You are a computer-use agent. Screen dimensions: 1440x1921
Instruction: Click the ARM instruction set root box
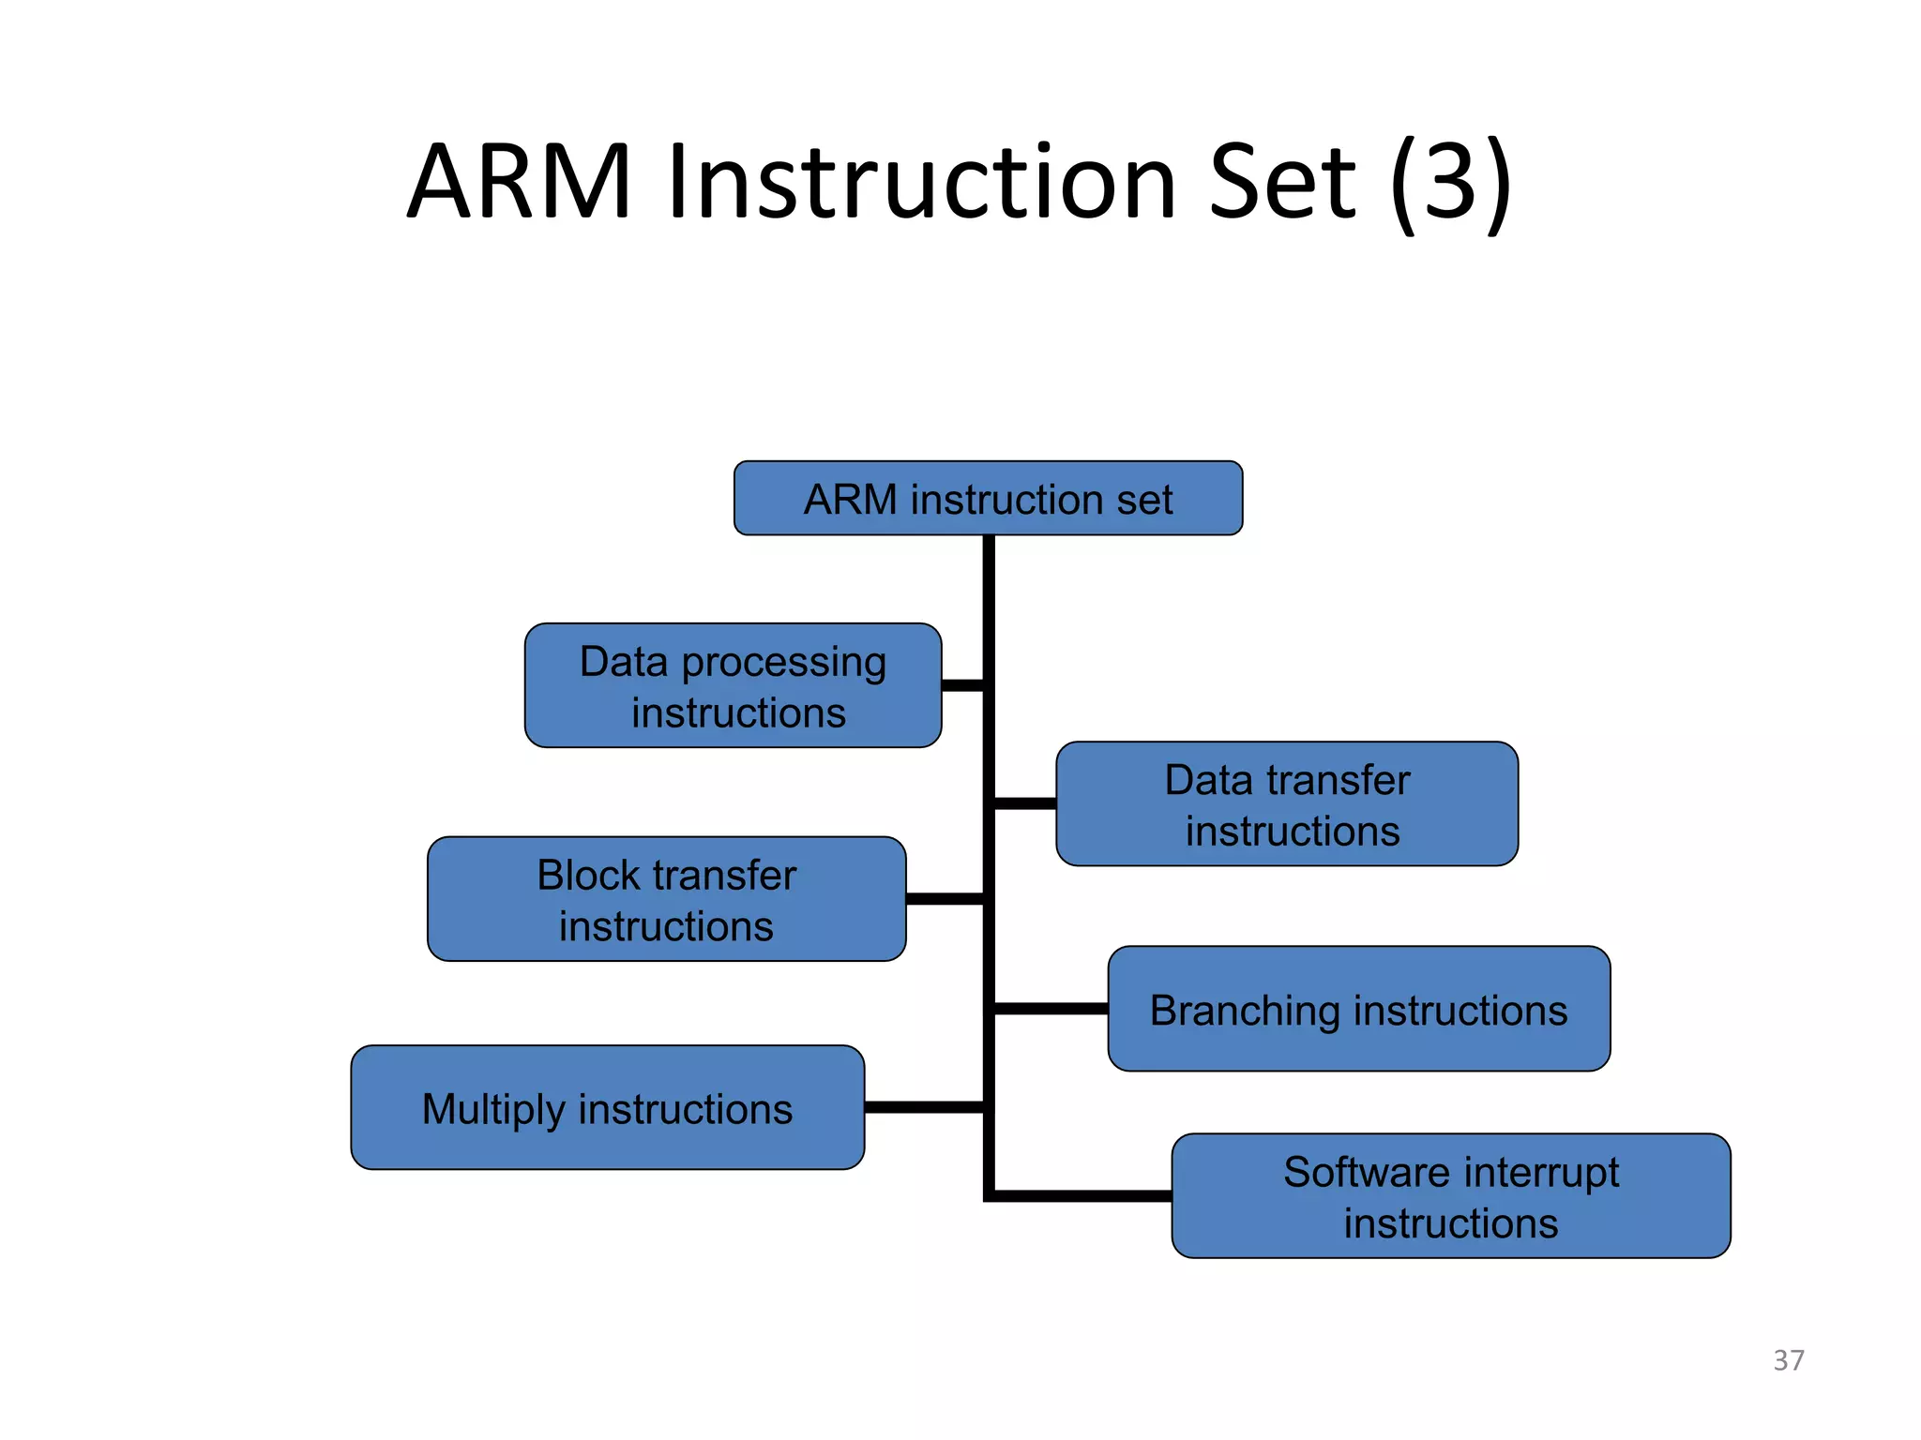[x=988, y=498]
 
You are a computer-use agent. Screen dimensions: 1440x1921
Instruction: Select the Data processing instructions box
[x=733, y=685]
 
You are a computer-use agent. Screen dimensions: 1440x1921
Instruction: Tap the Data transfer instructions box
[x=1286, y=803]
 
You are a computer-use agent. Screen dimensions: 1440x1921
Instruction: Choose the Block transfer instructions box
[x=666, y=899]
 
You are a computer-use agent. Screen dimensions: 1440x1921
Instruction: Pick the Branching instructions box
[x=1358, y=1009]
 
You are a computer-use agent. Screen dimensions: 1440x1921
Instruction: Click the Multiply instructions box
[x=607, y=1107]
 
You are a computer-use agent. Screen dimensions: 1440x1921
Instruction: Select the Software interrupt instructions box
[x=1450, y=1195]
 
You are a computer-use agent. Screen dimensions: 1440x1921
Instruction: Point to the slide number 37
[x=1788, y=1359]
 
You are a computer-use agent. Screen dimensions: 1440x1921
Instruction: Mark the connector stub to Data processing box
[x=962, y=685]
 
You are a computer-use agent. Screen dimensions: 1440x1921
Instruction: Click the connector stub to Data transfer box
[x=1024, y=803]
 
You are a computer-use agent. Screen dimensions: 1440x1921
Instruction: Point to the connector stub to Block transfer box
[x=945, y=899]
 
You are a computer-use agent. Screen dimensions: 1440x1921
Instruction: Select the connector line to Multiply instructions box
[x=923, y=1107]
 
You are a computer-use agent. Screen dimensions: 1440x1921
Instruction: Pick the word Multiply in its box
[x=492, y=1110]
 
